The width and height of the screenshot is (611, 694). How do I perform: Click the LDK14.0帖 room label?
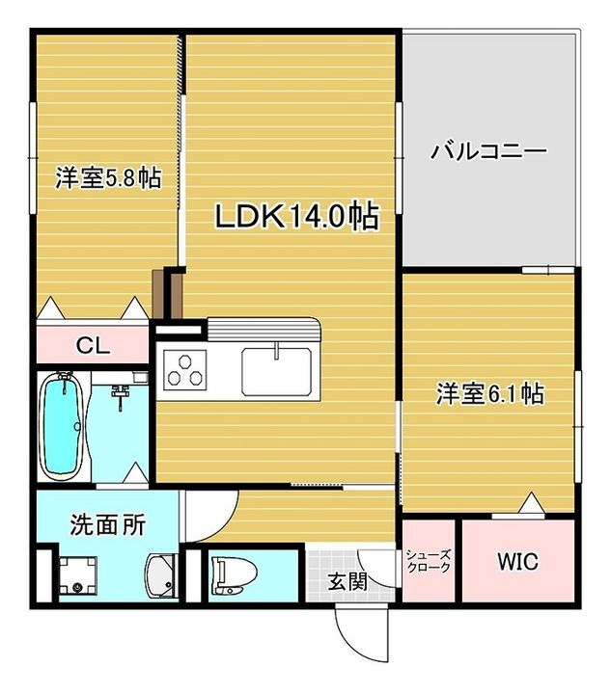tap(295, 216)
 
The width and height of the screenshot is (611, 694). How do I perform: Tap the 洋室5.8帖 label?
tap(107, 179)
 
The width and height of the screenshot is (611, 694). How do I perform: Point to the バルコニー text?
tap(488, 151)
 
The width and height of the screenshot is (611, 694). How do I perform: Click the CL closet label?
tap(94, 344)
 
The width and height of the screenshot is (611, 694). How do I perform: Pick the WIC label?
tap(517, 561)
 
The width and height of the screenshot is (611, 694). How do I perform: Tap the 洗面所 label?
tap(107, 525)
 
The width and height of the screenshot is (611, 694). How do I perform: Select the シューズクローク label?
tap(428, 561)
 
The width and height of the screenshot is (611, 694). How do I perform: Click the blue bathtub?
tap(61, 425)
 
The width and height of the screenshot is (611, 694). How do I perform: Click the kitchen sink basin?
tap(278, 370)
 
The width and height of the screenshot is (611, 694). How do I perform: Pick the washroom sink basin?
tap(161, 576)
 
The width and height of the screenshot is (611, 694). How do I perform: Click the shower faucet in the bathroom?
tap(122, 393)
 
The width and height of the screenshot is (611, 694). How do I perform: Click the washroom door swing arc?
tap(212, 516)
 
